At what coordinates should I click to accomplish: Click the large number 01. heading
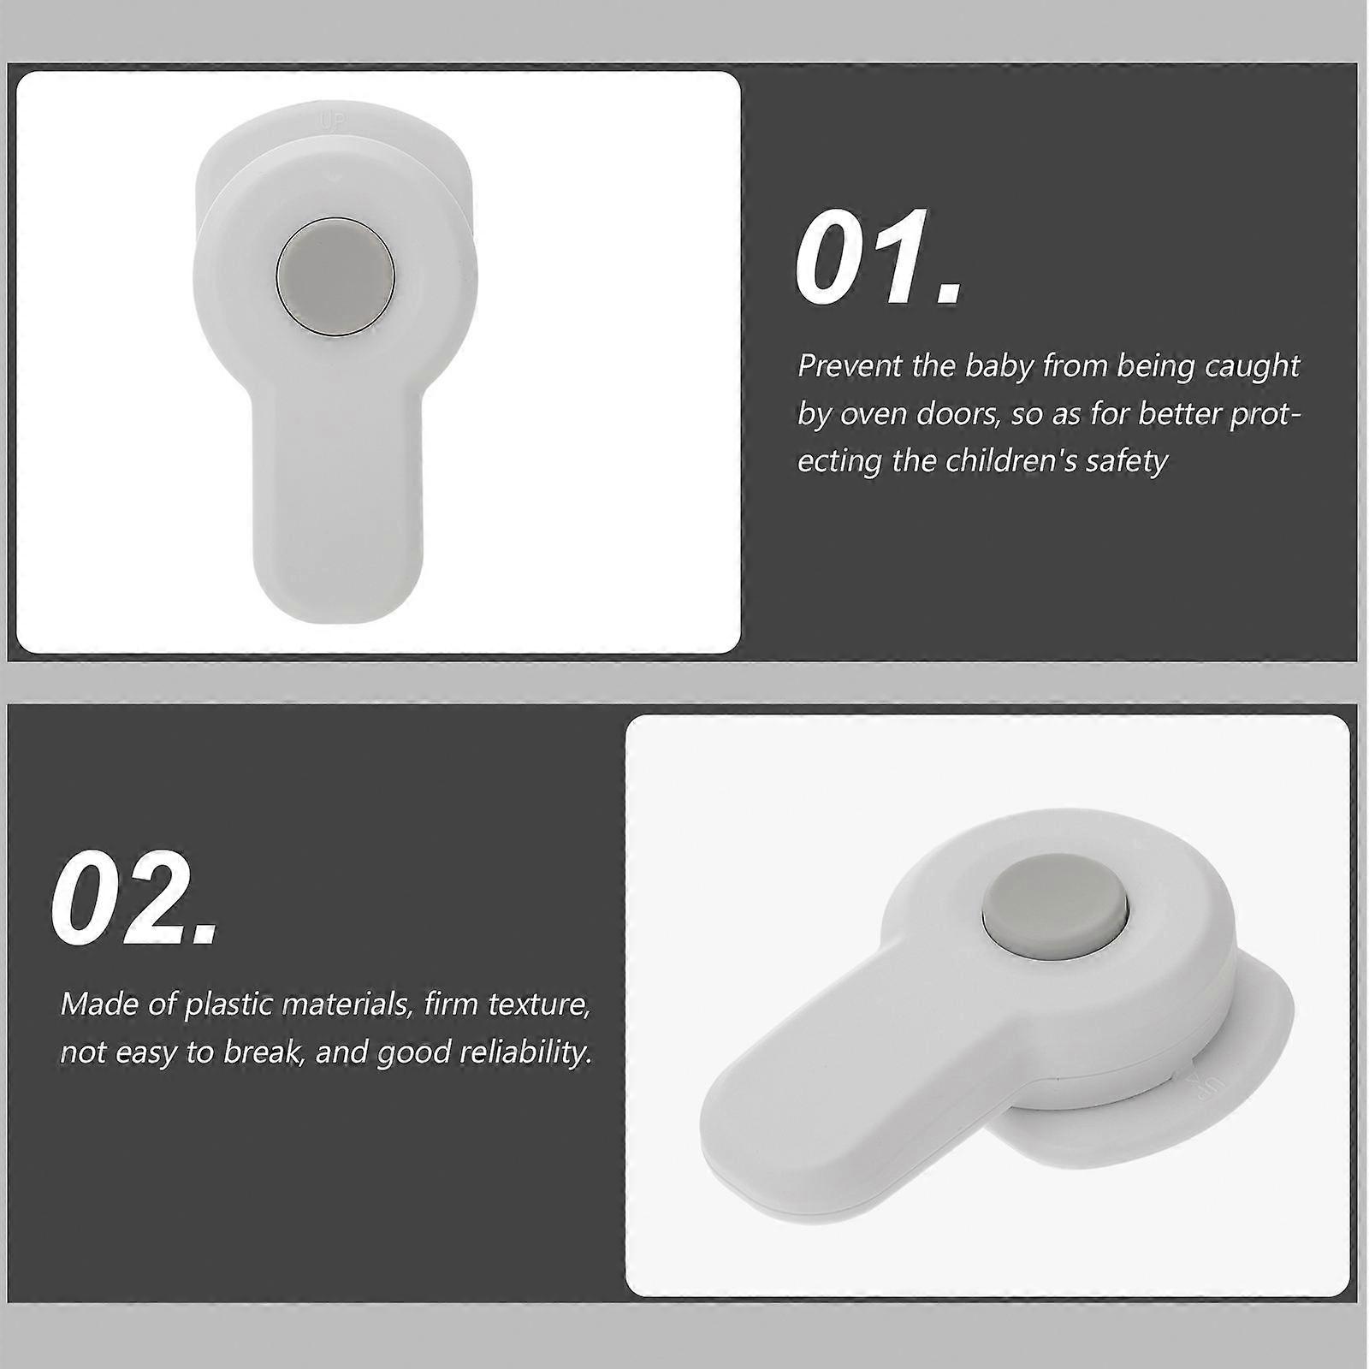pos(879,256)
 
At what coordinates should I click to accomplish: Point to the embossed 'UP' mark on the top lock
pos(331,121)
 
